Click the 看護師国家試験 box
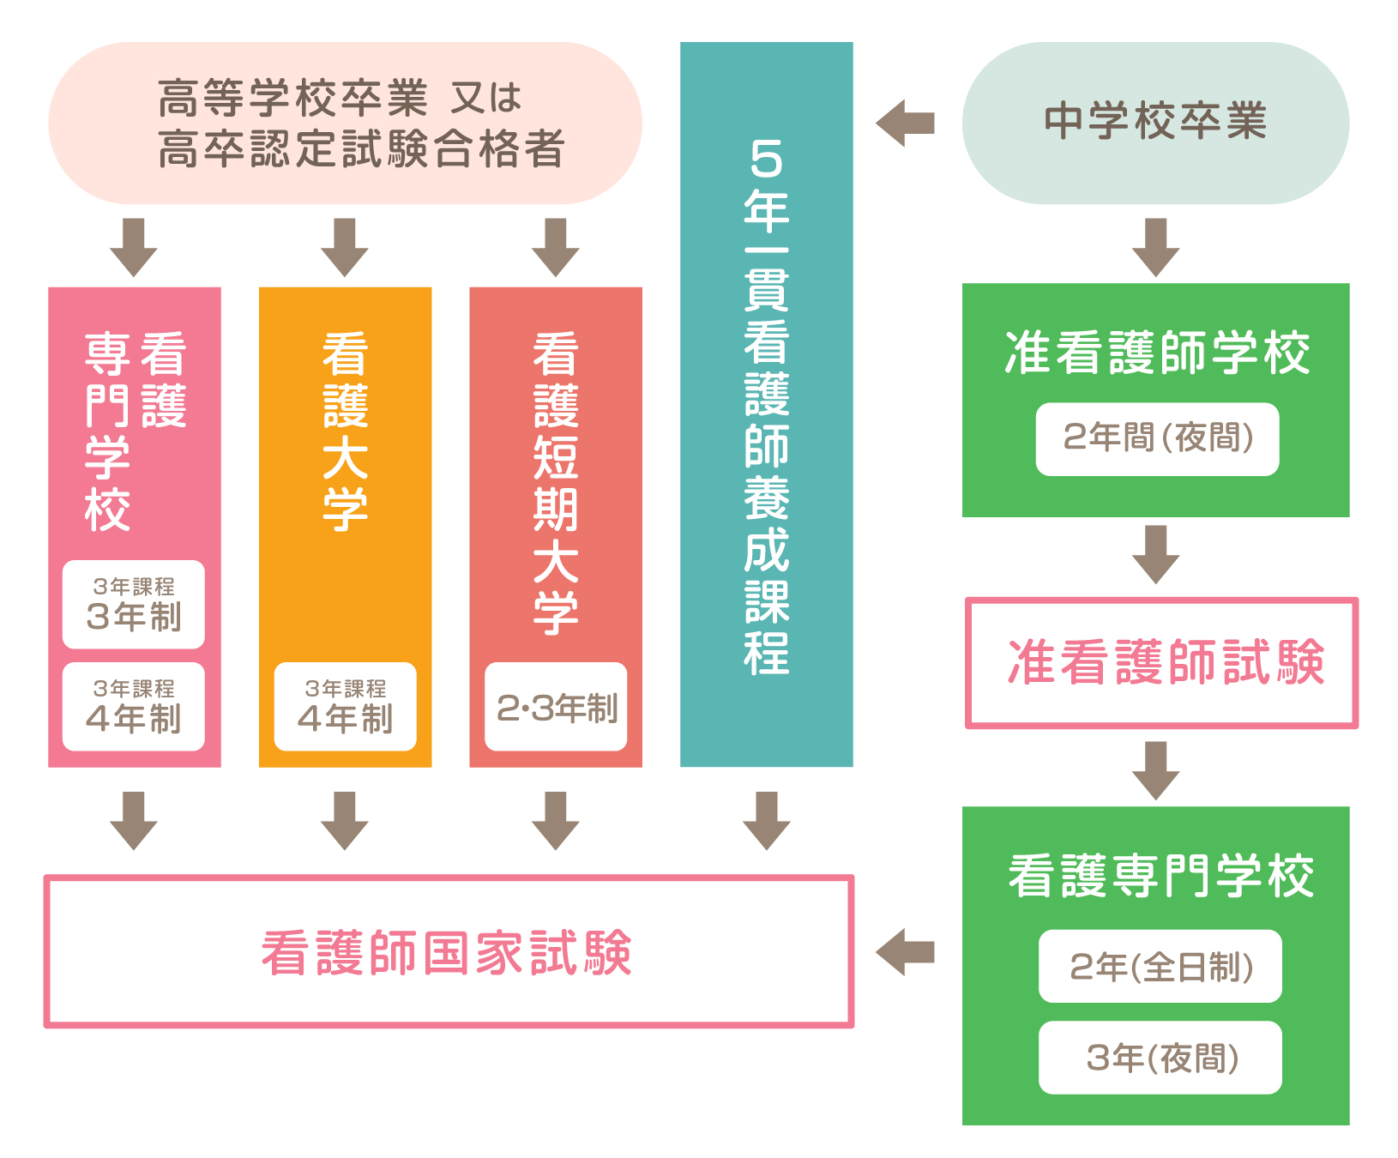click(x=448, y=952)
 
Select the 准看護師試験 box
click(x=1162, y=663)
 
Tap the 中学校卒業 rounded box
click(x=1155, y=123)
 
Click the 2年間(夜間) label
click(x=1157, y=439)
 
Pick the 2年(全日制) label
click(x=1160, y=967)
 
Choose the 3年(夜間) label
click(x=1160, y=1058)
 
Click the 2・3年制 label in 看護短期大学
click(x=556, y=708)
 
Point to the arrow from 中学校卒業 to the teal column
click(x=906, y=124)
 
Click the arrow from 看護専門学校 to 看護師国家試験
click(x=906, y=952)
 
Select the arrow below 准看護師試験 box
click(x=1155, y=770)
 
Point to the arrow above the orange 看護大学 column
click(x=345, y=247)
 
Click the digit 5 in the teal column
click(x=766, y=159)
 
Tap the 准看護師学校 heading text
click(x=1157, y=353)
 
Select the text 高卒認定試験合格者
click(x=361, y=149)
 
